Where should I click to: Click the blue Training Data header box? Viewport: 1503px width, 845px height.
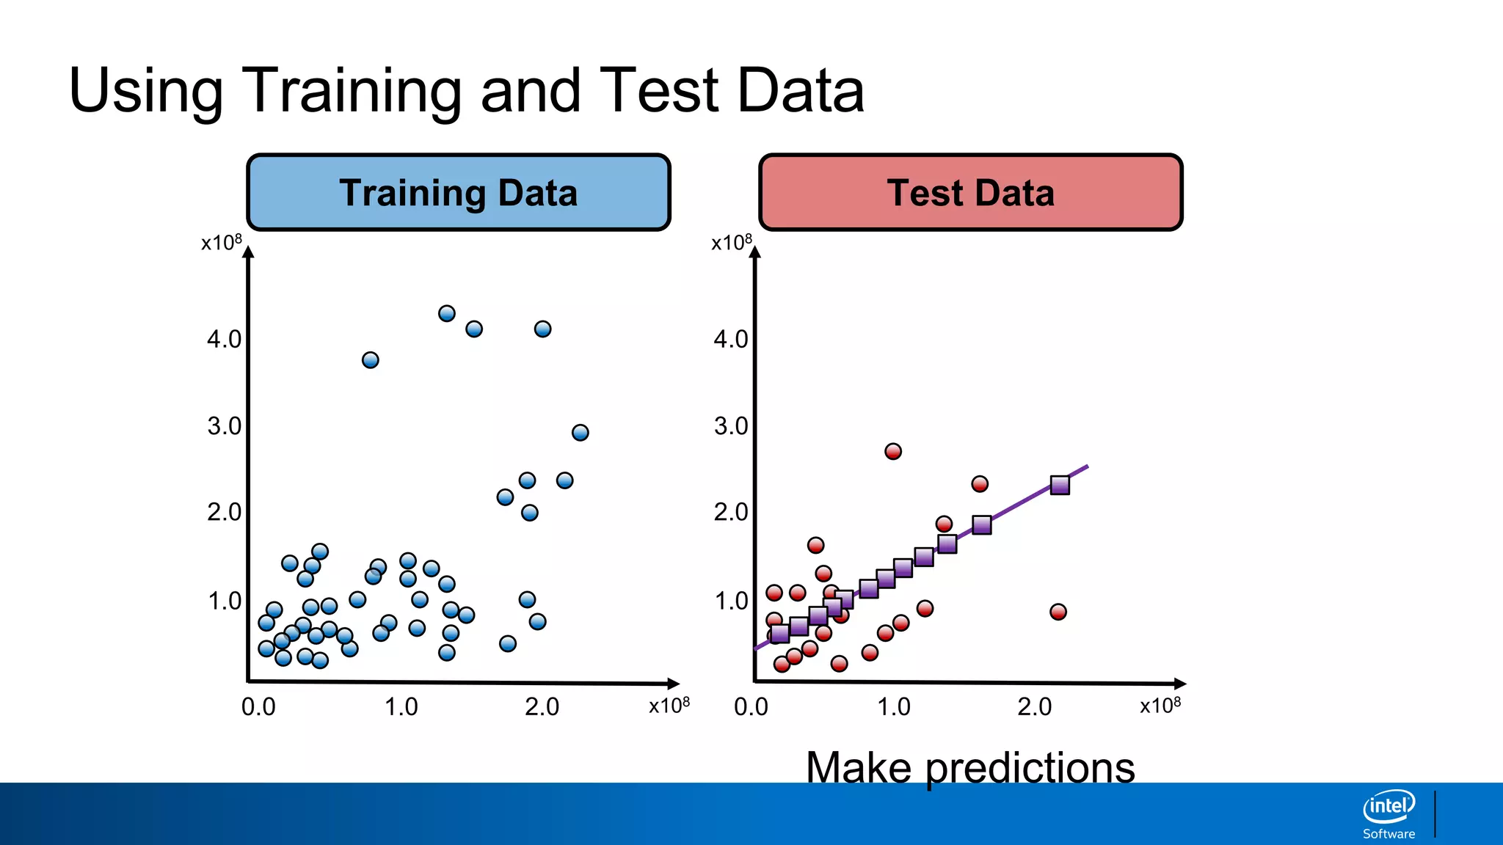click(x=459, y=193)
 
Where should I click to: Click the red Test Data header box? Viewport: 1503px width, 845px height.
click(x=970, y=193)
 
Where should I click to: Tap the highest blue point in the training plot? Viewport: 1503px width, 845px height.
click(x=446, y=314)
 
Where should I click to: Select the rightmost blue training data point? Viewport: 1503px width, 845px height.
click(x=580, y=433)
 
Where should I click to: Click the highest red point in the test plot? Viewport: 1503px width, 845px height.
click(x=892, y=452)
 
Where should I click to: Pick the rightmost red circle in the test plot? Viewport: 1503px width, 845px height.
click(x=1058, y=612)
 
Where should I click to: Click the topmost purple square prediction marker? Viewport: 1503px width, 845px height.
click(x=1059, y=486)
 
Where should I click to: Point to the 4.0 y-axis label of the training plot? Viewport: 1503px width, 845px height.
click(x=224, y=340)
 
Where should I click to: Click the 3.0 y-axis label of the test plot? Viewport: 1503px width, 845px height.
click(x=731, y=426)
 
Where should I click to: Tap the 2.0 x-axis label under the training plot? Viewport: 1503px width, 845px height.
click(x=542, y=707)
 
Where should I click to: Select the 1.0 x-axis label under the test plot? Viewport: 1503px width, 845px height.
click(x=893, y=707)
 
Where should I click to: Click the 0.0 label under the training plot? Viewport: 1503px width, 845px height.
click(x=258, y=707)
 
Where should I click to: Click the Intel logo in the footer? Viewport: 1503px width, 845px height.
click(x=1389, y=807)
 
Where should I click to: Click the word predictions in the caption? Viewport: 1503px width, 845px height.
click(x=1030, y=769)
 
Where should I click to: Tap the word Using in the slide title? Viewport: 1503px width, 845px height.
click(x=145, y=91)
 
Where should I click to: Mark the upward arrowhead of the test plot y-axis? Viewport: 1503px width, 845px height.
click(x=755, y=252)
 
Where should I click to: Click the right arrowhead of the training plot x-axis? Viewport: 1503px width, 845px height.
click(x=673, y=684)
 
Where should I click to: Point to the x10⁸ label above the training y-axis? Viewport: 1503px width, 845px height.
click(x=221, y=243)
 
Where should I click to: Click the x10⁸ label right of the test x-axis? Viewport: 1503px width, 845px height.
click(x=1160, y=706)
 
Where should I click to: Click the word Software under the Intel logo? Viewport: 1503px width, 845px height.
click(x=1389, y=834)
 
